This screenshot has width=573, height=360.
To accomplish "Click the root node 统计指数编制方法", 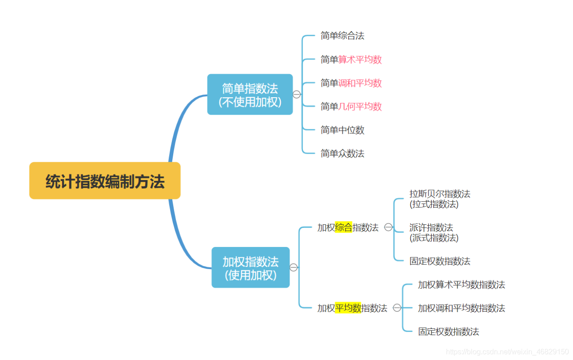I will [105, 181].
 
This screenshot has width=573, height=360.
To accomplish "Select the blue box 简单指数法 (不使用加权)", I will [250, 95].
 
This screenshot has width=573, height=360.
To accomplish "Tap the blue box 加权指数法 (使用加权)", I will [250, 267].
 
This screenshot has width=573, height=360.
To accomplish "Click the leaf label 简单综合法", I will [342, 36].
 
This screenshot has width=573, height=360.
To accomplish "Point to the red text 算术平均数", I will [360, 59].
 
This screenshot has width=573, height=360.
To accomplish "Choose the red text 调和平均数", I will [360, 83].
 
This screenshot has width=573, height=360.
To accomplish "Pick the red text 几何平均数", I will [360, 106].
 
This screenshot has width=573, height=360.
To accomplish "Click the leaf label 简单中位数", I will [342, 130].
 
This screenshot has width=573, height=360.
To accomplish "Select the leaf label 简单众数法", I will [342, 153].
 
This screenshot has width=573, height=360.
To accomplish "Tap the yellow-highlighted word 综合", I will [344, 227].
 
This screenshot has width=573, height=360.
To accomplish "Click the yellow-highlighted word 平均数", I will [348, 308].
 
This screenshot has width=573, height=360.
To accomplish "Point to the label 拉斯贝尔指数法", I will [440, 194].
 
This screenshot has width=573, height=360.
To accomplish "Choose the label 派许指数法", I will [431, 227].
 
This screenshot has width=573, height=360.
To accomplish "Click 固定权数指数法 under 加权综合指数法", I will [440, 261].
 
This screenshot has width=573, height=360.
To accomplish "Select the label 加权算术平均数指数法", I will [461, 284].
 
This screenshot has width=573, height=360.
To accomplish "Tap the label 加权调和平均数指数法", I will [461, 308].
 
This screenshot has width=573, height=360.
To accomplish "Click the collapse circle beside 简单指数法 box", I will [297, 95].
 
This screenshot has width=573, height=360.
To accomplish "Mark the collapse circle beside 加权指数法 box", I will [294, 267].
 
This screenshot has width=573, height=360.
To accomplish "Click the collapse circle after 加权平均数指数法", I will [397, 308].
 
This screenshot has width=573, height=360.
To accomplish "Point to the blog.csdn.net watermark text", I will [507, 351].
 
